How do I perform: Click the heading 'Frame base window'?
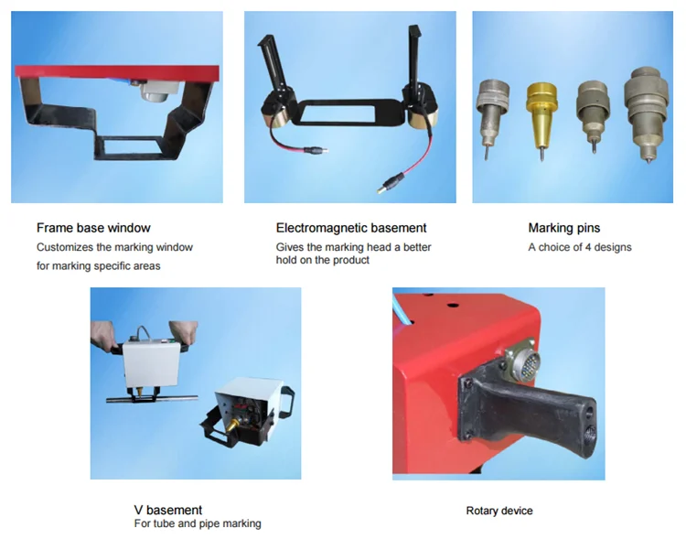[x=93, y=228]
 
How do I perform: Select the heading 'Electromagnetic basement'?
[x=351, y=228]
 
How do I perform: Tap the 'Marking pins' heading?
[x=564, y=228]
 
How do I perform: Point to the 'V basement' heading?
[x=168, y=510]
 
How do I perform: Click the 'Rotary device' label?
[x=498, y=511]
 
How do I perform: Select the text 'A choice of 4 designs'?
[x=579, y=247]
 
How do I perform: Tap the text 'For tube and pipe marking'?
[x=198, y=523]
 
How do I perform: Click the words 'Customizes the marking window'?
[x=114, y=247]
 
